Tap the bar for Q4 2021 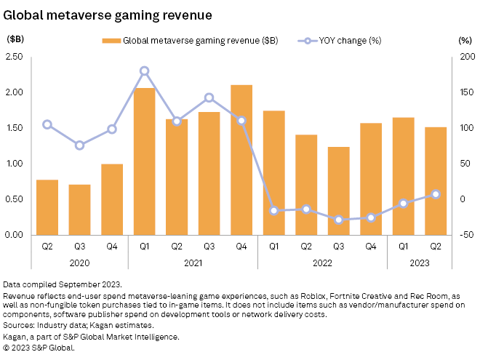(x=241, y=160)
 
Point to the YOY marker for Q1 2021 (x=144, y=71)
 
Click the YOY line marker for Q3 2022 (x=338, y=220)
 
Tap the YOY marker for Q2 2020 (x=47, y=124)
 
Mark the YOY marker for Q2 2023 (x=435, y=194)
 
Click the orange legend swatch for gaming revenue (x=111, y=41)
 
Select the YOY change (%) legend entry (x=340, y=41)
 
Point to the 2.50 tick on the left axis (x=15, y=57)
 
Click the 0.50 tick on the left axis (x=15, y=199)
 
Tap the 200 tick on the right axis (x=465, y=57)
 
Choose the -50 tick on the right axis (x=465, y=235)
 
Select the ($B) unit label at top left (x=15, y=40)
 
